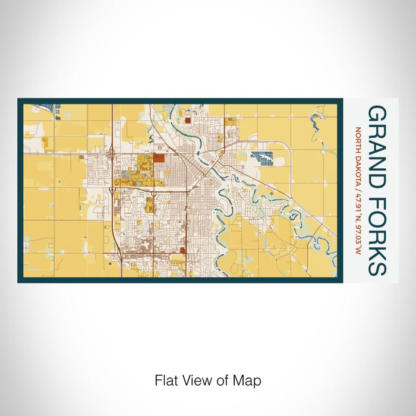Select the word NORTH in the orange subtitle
(x=358, y=140)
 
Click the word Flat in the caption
(x=165, y=380)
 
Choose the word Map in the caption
(x=250, y=380)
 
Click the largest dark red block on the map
(x=159, y=158)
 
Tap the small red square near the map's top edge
(x=187, y=119)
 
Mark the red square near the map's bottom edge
(x=182, y=251)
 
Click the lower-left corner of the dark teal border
(x=20, y=281)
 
